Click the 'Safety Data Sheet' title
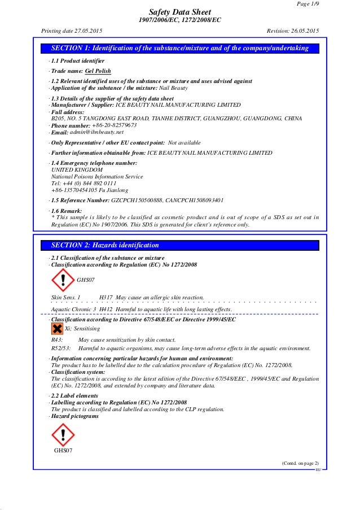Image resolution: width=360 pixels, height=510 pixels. (x=179, y=12)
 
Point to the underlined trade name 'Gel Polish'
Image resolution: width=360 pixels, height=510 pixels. (x=98, y=71)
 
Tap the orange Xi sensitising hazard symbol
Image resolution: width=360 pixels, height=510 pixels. (x=57, y=328)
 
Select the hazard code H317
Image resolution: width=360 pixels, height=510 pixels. (x=106, y=297)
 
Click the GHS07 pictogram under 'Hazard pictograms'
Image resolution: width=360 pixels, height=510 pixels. (x=63, y=434)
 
